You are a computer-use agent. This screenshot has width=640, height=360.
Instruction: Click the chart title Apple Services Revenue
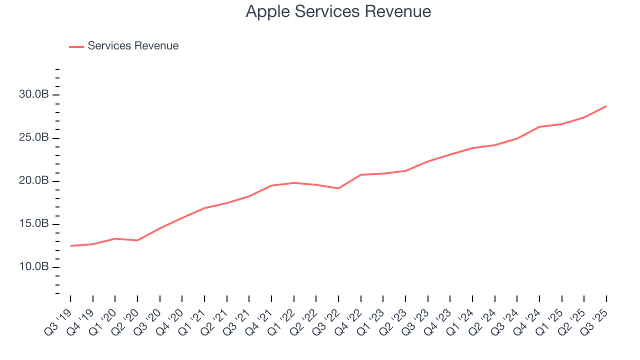click(x=338, y=11)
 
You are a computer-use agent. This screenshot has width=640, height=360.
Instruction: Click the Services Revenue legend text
click(x=133, y=46)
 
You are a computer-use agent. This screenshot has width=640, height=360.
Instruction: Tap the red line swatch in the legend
click(x=76, y=46)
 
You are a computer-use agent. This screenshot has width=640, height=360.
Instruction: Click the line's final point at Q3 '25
click(x=606, y=106)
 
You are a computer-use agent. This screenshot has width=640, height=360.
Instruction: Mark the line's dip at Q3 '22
click(x=338, y=188)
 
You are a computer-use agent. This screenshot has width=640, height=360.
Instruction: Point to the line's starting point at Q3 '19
click(x=70, y=246)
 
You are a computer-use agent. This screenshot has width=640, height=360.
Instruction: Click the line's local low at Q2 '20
click(x=137, y=240)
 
